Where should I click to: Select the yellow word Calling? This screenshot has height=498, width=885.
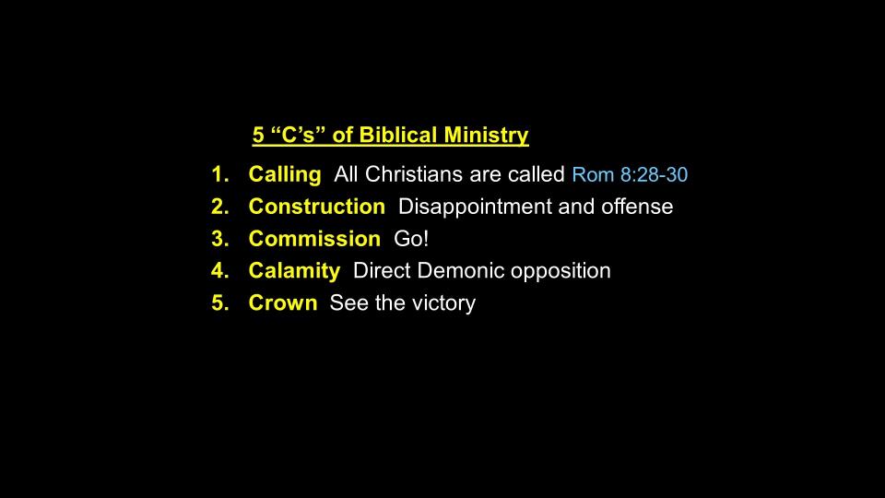[285, 175]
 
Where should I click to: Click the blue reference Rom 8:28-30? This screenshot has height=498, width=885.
[630, 174]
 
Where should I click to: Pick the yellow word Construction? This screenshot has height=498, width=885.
[317, 207]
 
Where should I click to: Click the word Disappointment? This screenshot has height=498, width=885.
[476, 207]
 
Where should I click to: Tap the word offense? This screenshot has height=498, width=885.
[637, 207]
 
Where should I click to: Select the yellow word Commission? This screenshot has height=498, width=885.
[315, 239]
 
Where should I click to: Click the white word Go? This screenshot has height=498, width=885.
[411, 239]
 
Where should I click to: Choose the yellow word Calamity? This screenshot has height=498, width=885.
[295, 271]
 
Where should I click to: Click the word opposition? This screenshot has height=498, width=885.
[560, 272]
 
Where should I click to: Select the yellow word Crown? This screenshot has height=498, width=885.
[283, 303]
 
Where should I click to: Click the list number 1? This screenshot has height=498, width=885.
[219, 174]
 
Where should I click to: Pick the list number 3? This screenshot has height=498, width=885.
[219, 239]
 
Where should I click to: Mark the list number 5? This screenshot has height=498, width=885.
[219, 303]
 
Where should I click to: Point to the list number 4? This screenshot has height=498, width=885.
[219, 271]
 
